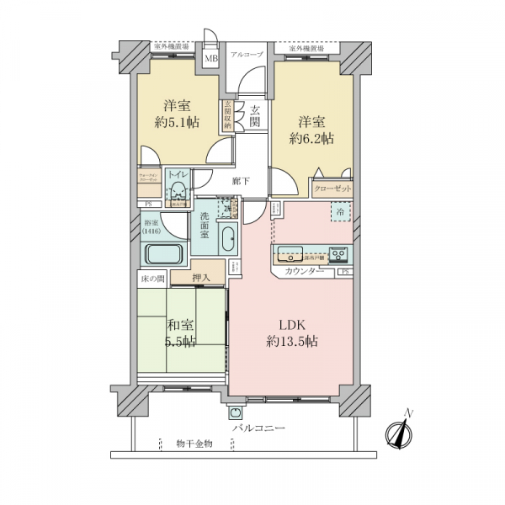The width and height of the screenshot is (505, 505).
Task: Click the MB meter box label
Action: coord(211,58)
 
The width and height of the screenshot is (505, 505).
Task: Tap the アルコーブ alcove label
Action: coord(247,55)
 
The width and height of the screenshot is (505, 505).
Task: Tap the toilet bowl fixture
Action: coord(178,190)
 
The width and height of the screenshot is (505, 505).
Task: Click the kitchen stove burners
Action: coord(338,253)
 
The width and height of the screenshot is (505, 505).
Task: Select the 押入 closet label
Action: coord(200,277)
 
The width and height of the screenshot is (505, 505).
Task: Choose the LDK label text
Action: coord(291,326)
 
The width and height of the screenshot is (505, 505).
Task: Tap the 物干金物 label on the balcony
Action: coord(194,443)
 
